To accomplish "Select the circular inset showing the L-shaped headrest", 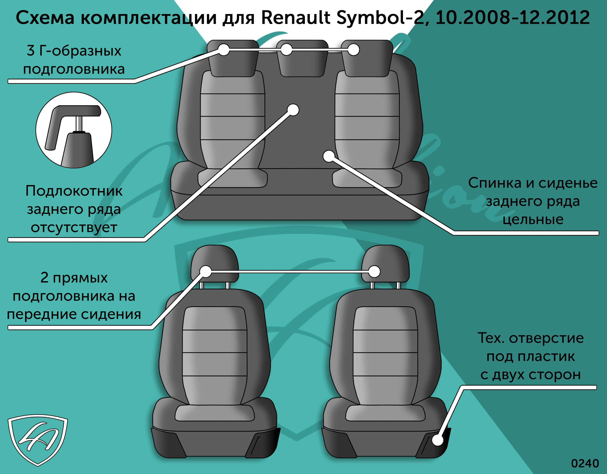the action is (74, 130).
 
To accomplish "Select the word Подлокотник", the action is (74, 191).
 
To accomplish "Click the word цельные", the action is (533, 220).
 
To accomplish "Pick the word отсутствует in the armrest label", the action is (74, 228).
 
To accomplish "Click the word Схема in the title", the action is (45, 18).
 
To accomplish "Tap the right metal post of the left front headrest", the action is (228, 286).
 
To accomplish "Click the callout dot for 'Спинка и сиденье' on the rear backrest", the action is (329, 156).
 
